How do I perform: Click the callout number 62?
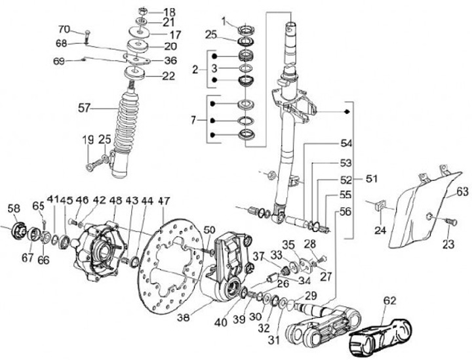[389, 302]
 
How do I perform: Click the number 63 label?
[462, 191]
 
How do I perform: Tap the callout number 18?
[169, 12]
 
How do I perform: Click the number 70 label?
[64, 29]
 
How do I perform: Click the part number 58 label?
[14, 209]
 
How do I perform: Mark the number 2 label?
[194, 69]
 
